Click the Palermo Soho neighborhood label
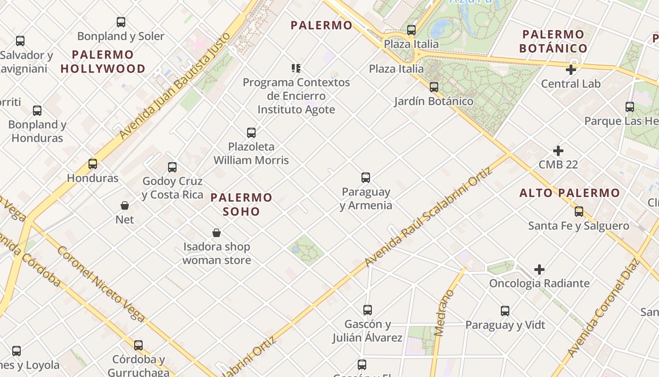click(241, 204)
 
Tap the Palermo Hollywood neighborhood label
click(103, 62)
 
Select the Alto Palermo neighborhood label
click(570, 193)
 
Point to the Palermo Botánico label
click(554, 41)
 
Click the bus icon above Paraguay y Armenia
click(366, 178)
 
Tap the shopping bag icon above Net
click(125, 205)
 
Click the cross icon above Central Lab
click(571, 70)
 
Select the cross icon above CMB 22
click(558, 151)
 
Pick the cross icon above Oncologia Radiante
click(539, 270)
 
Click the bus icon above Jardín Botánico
click(434, 87)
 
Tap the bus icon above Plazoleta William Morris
click(251, 133)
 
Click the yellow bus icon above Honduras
click(93, 164)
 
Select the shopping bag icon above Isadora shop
click(217, 233)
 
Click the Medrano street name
click(444, 313)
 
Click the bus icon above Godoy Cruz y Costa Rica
click(172, 167)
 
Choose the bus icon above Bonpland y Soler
click(121, 22)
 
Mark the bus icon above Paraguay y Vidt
click(505, 311)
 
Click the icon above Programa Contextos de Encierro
click(296, 68)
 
